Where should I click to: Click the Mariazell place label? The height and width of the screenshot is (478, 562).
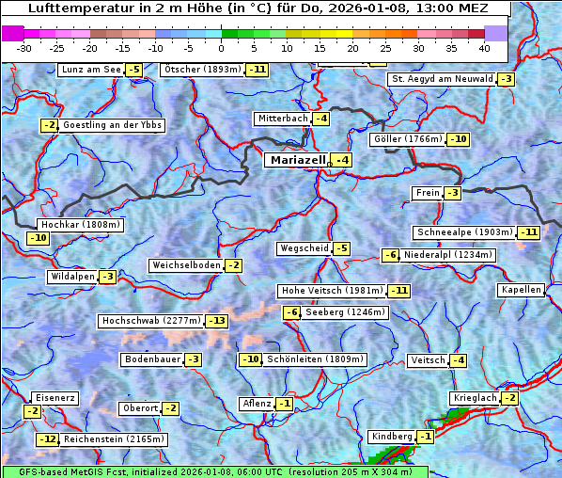pos(297,160)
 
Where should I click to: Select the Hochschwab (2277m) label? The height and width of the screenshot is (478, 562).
pos(151,321)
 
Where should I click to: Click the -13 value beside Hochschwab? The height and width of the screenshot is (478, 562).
pos(217,321)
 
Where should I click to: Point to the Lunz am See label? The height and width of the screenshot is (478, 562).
pos(90,70)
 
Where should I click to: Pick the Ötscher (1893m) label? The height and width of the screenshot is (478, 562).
pos(202,70)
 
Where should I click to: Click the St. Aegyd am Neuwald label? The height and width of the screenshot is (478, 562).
pos(441,79)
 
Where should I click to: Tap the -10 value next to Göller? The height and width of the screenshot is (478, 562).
pos(458,139)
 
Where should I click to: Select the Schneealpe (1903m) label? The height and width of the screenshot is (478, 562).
pos(464,232)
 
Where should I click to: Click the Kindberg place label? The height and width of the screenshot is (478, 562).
pos(392,437)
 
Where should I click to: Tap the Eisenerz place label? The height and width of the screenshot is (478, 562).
pos(55,398)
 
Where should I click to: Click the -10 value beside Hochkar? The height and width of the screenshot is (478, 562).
pos(38,238)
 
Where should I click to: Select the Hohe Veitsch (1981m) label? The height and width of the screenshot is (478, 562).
pos(332,291)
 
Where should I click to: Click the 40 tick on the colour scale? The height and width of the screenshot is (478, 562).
pos(484,47)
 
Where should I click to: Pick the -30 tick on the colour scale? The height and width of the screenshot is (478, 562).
pos(24,47)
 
